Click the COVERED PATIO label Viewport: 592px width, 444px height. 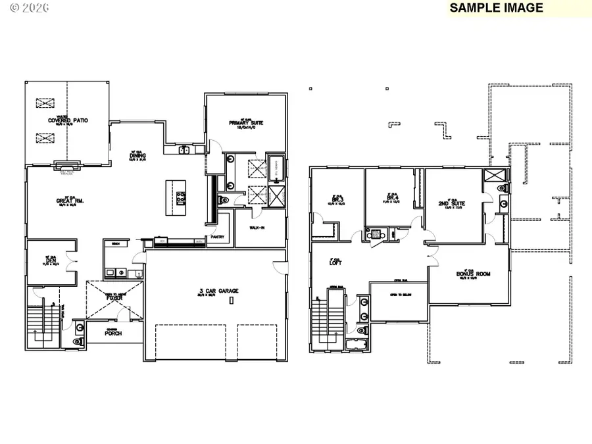pyautogui.click(x=67, y=121)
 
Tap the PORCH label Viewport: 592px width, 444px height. pyautogui.click(x=113, y=333)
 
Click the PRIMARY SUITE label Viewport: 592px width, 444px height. pyautogui.click(x=247, y=122)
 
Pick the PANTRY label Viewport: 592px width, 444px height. pyautogui.click(x=218, y=238)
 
